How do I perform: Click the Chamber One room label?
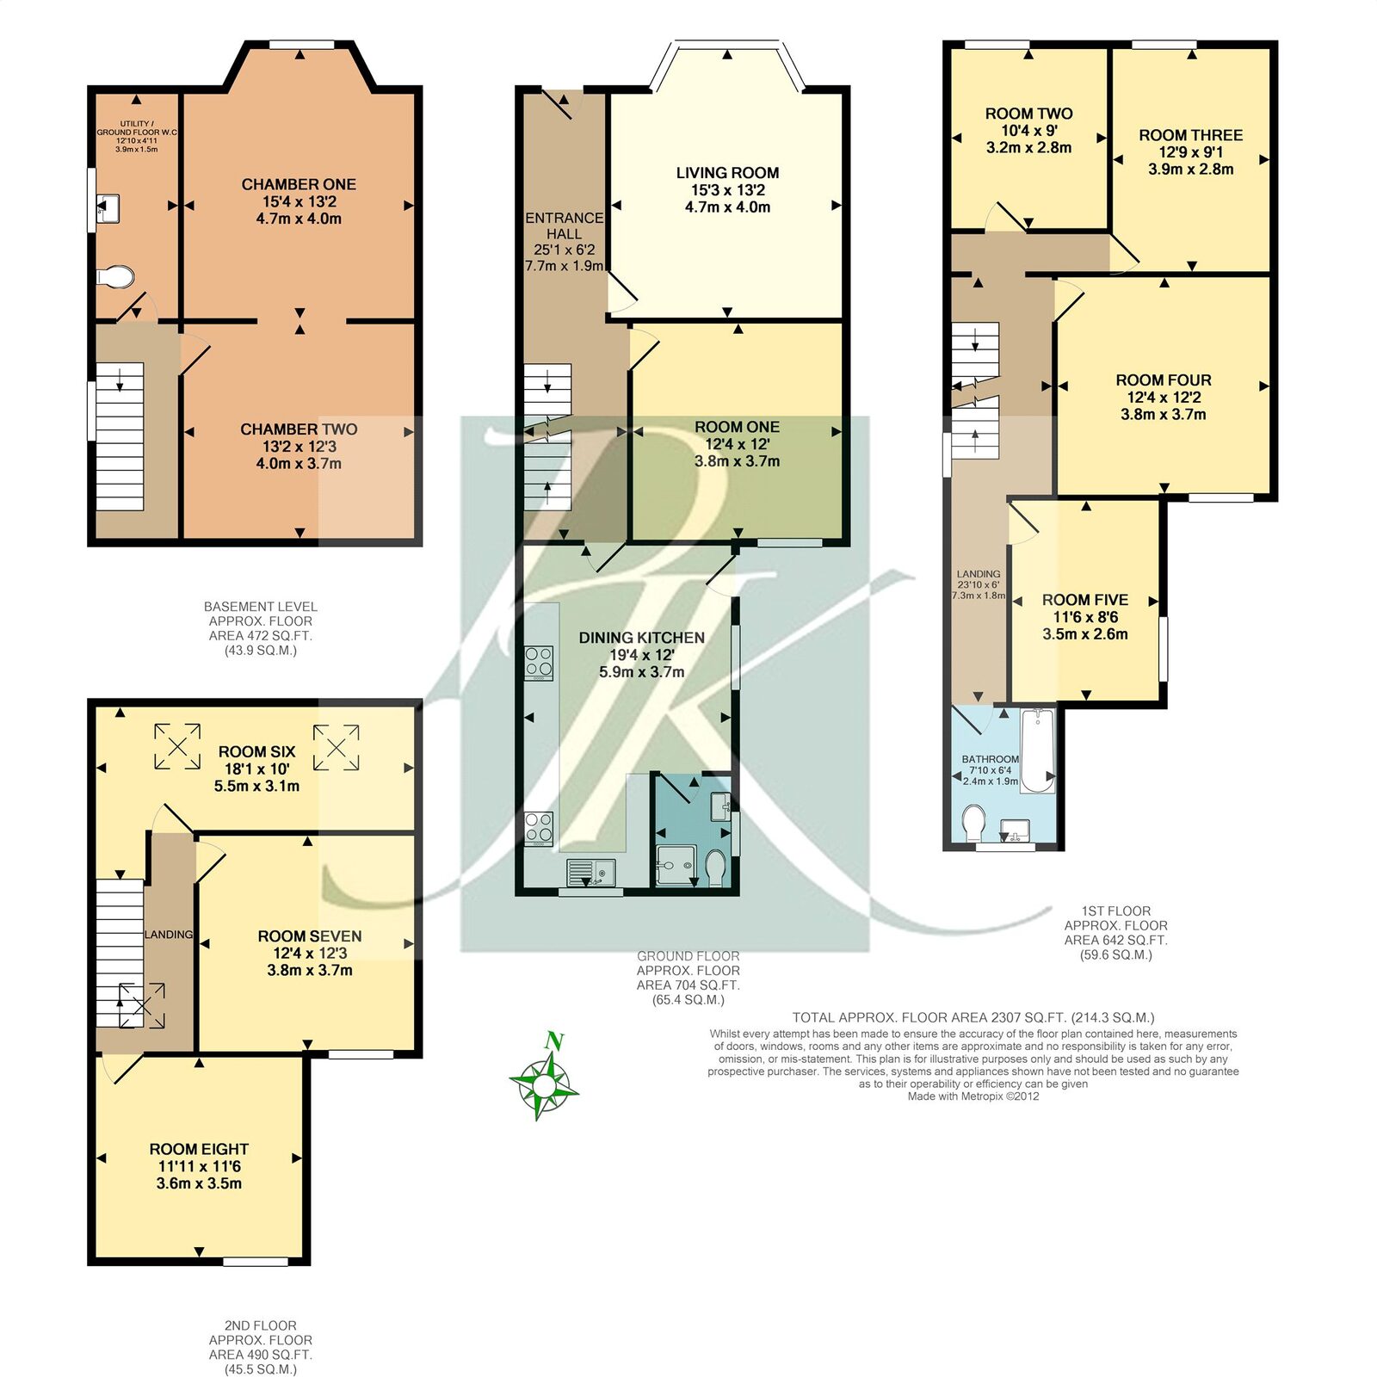[299, 184]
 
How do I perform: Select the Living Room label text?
[727, 173]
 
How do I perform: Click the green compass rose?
[544, 1077]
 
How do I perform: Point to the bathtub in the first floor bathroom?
[1038, 750]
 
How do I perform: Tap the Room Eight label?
[199, 1149]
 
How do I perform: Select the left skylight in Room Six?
[177, 746]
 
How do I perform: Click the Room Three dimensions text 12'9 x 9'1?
[1191, 152]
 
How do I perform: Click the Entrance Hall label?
[564, 225]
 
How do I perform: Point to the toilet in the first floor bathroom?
[974, 823]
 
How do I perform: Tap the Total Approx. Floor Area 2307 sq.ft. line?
[973, 1017]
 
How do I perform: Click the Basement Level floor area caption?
[260, 628]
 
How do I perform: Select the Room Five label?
[1084, 600]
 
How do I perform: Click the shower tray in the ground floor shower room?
[674, 865]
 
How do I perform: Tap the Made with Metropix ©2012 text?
[973, 1096]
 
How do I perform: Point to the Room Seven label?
[310, 936]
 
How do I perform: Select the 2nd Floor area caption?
[260, 1347]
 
